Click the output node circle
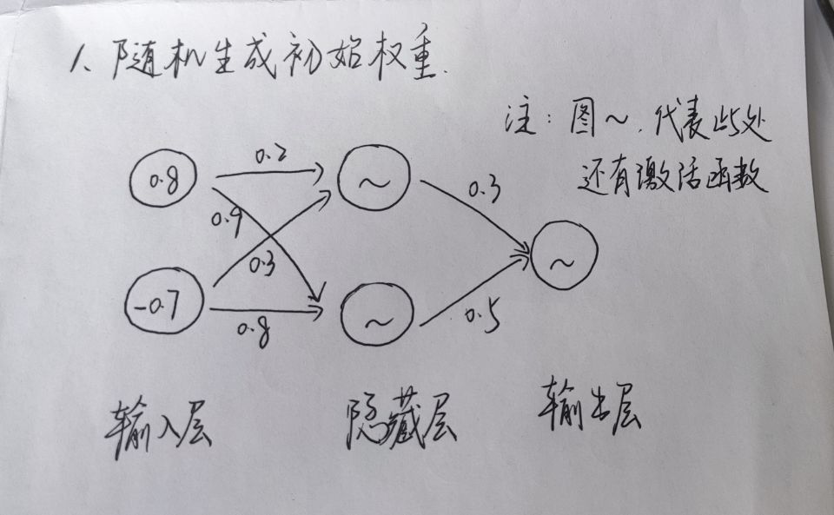(565, 258)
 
